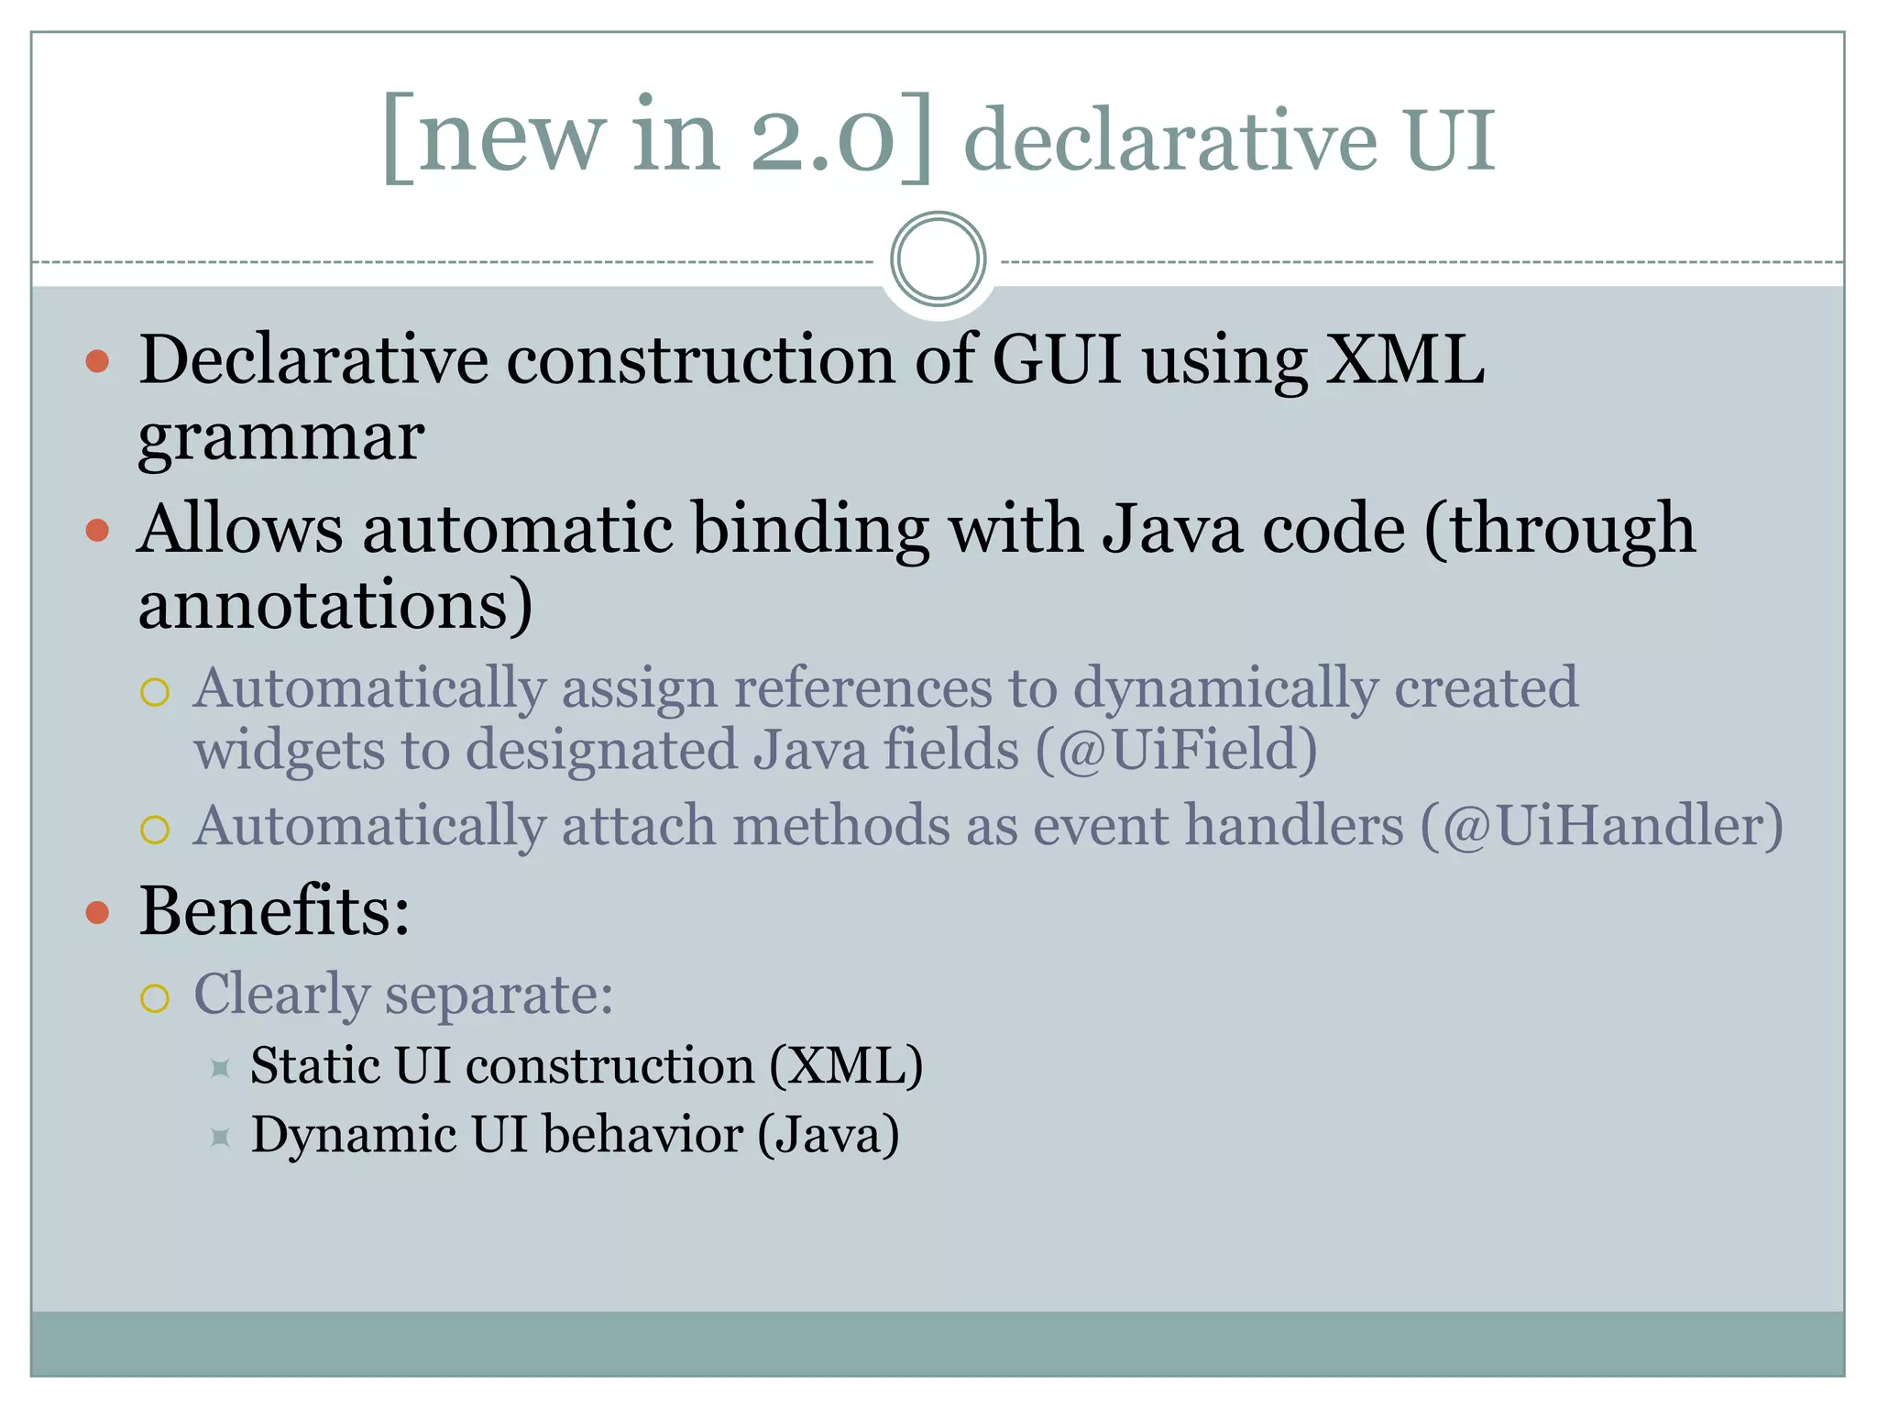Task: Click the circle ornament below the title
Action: [x=938, y=259]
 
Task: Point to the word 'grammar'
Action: [x=280, y=437]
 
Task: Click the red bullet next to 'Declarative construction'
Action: [x=97, y=361]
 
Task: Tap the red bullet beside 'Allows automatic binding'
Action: [x=97, y=530]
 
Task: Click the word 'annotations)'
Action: [x=335, y=606]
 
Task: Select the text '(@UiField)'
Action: [x=1176, y=750]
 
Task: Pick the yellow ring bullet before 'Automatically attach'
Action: [x=155, y=830]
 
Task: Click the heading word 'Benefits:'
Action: [x=274, y=911]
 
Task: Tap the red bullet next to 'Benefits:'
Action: [x=97, y=913]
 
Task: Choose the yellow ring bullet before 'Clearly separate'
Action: [x=155, y=997]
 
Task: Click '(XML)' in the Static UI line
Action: [x=845, y=1066]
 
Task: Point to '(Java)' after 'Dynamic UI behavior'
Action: [x=828, y=1135]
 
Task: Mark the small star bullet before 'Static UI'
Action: [x=220, y=1068]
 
